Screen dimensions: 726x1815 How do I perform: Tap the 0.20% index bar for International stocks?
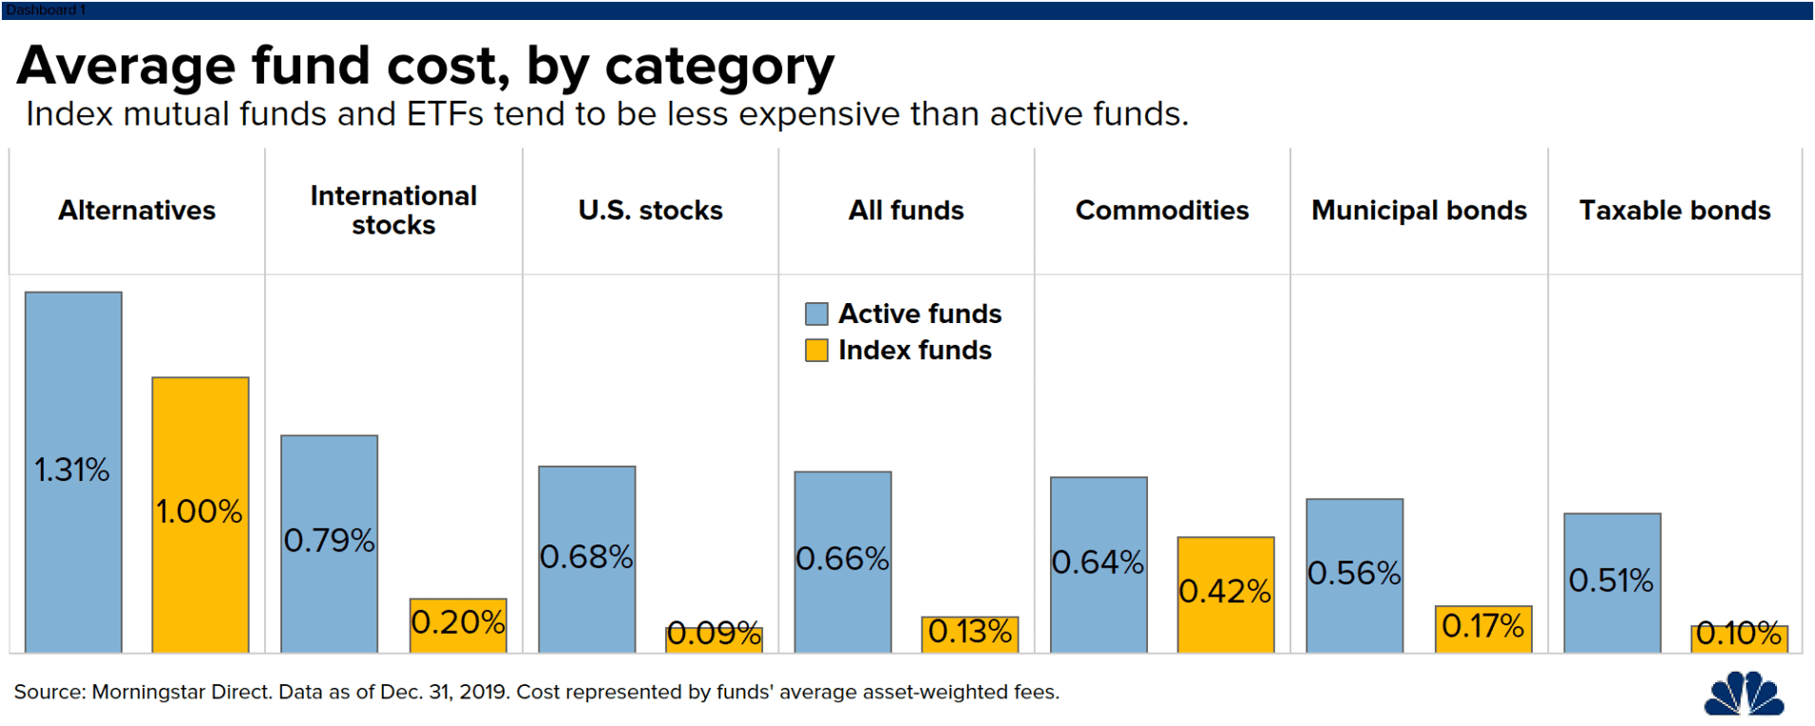point(458,624)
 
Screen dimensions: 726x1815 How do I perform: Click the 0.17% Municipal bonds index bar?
point(1482,627)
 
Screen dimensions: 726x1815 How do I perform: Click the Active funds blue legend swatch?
point(816,314)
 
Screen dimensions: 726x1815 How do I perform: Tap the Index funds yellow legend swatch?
point(816,351)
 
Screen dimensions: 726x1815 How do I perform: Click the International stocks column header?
point(393,210)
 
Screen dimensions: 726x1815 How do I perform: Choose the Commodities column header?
point(1161,210)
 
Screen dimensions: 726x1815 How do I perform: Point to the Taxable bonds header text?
point(1674,210)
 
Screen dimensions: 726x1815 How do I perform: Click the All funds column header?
point(906,210)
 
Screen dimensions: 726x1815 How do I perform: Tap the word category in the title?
point(719,67)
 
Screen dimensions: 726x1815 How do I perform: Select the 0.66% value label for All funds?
point(842,559)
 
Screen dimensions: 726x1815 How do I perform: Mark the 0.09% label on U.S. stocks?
point(714,633)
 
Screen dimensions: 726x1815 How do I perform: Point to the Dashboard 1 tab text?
point(46,10)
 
